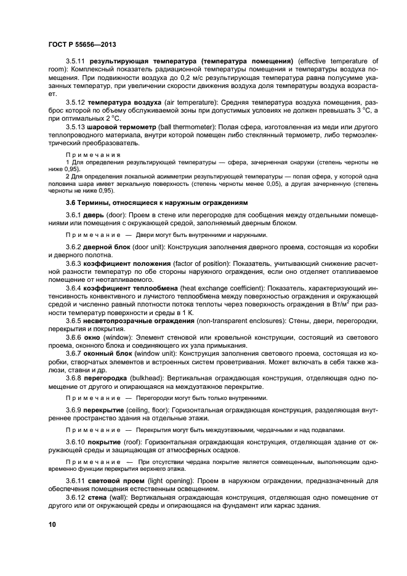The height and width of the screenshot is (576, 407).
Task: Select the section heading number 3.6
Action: click(72, 201)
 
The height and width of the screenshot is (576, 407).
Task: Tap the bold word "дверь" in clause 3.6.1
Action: click(95, 214)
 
